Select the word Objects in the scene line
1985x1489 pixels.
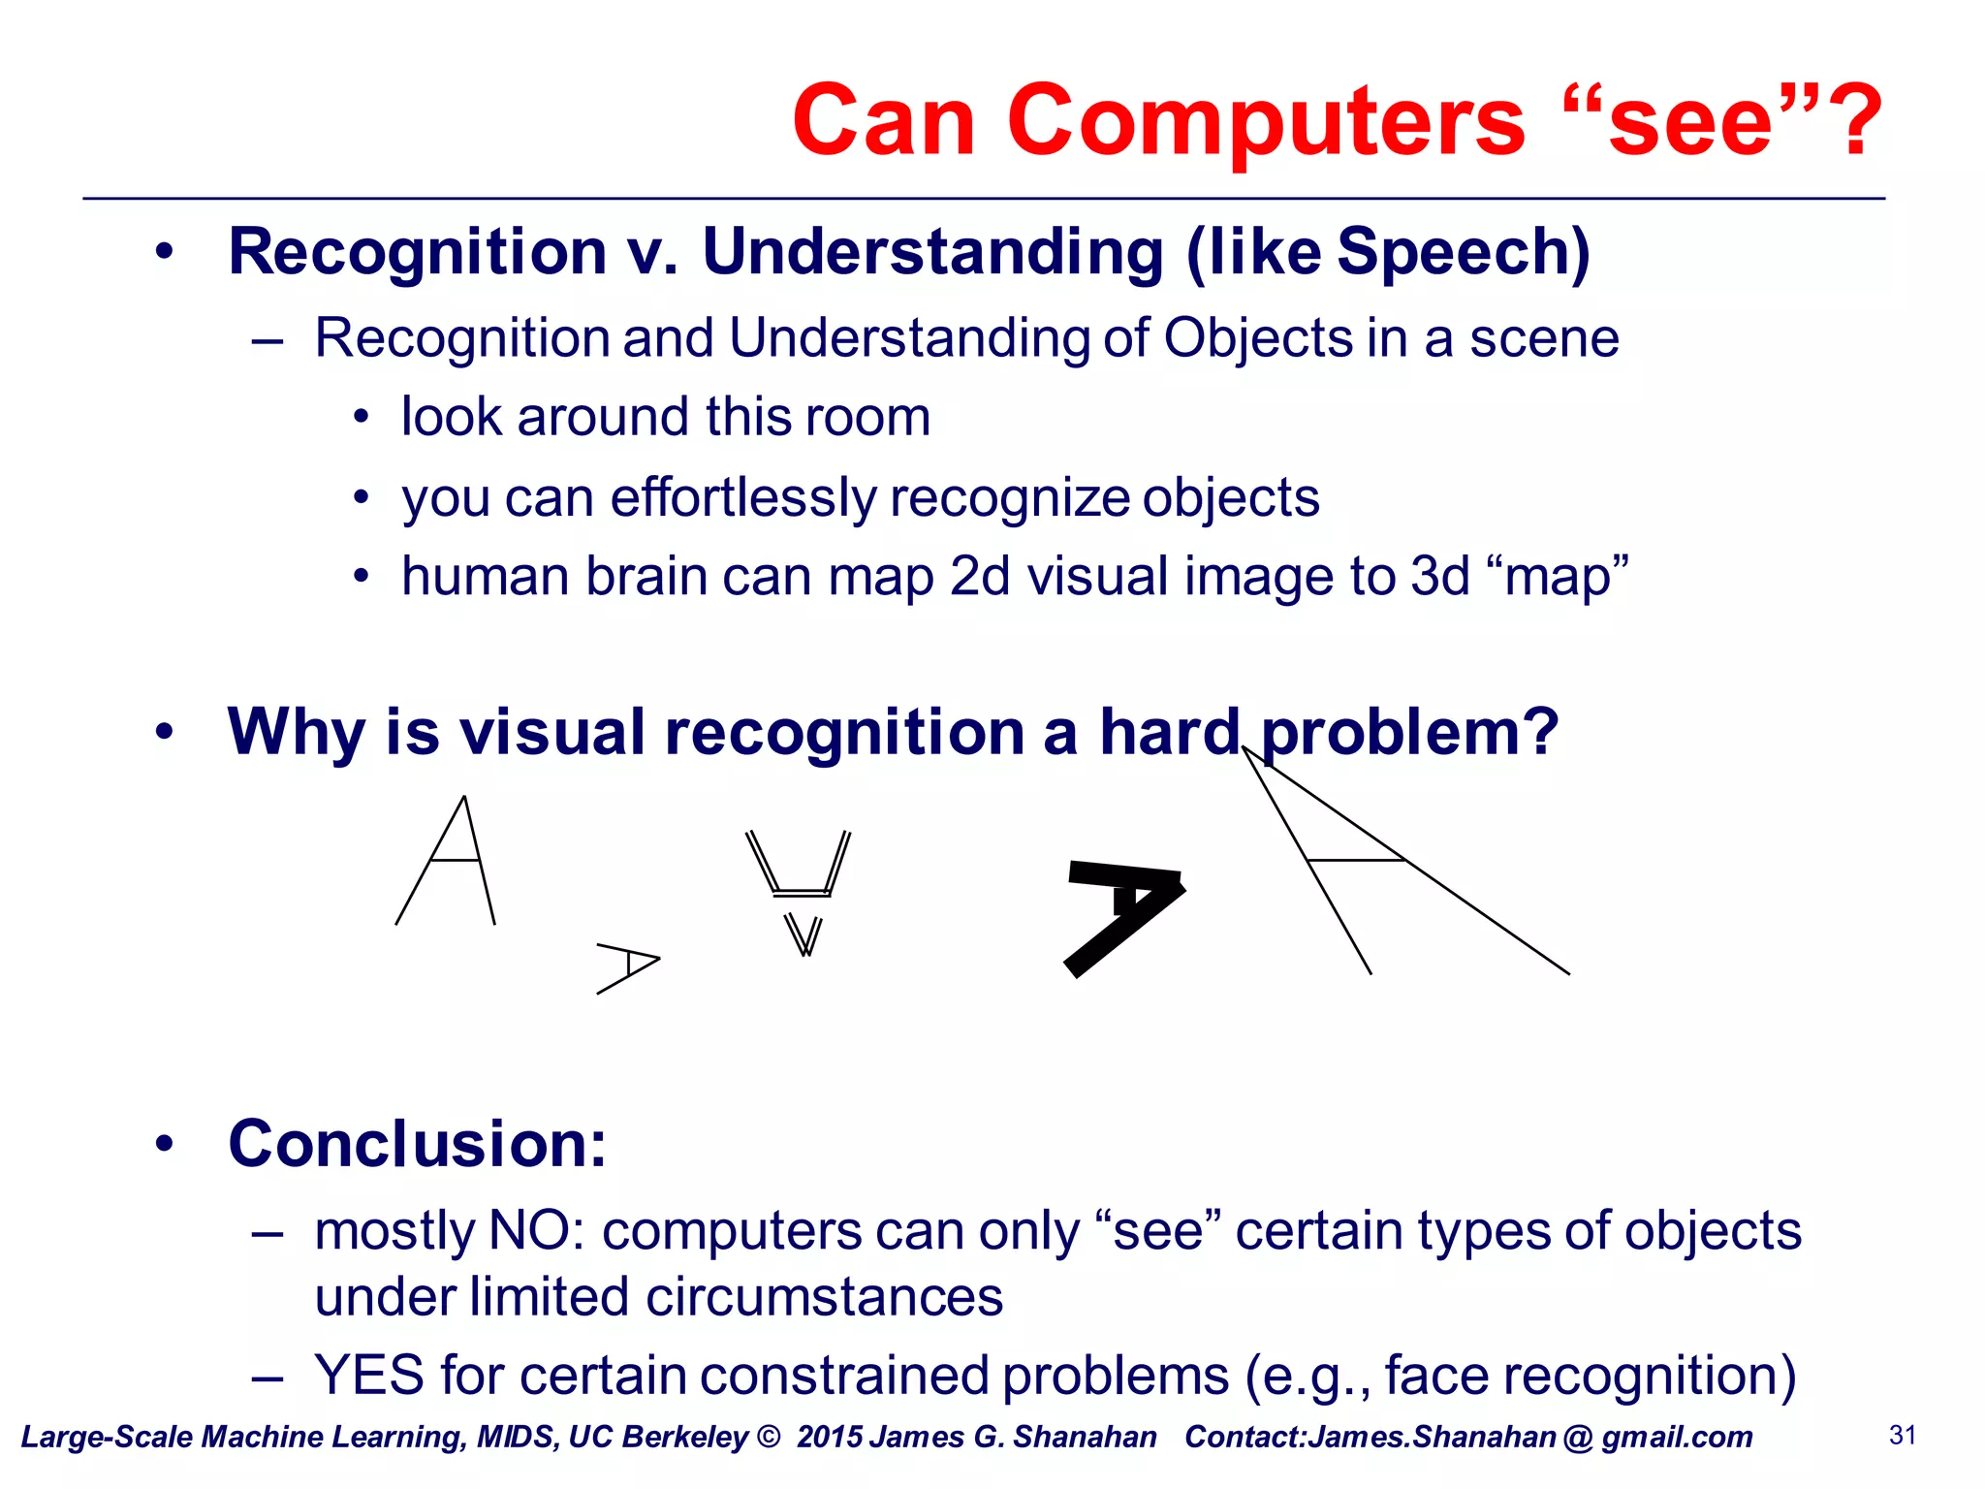point(1257,339)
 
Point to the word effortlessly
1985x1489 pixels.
point(742,498)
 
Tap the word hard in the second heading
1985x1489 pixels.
point(1169,732)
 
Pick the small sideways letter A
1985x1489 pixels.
point(628,966)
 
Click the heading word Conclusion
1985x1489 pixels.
point(417,1145)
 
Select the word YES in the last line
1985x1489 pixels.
point(369,1377)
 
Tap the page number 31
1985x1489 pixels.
point(1903,1436)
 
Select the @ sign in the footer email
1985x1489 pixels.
point(1578,1438)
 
